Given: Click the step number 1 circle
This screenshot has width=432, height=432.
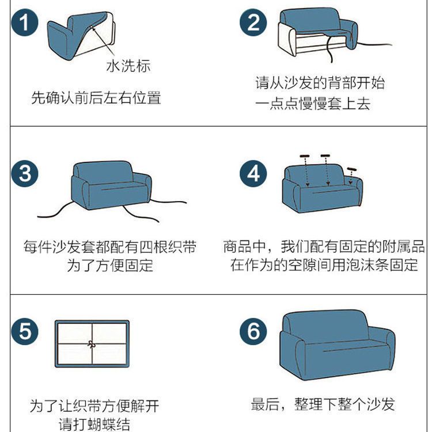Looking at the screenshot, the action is click(25, 22).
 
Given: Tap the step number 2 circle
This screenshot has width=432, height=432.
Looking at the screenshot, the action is click(253, 22).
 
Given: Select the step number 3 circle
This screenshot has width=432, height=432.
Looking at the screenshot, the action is click(25, 173).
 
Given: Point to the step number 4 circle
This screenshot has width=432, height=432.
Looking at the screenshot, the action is click(253, 173).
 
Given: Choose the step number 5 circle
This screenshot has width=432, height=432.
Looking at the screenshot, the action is click(25, 331).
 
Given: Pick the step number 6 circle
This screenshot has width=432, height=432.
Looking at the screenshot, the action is click(253, 331).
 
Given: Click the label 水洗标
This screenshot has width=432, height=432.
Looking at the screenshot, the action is click(128, 66).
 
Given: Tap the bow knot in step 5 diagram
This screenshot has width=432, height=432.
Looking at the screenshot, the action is click(92, 344).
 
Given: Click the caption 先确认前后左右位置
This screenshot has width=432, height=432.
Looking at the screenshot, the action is click(96, 98).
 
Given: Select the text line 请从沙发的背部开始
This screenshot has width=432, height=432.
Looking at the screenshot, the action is click(320, 83).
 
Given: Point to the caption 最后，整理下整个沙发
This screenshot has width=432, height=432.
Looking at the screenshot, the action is click(323, 404).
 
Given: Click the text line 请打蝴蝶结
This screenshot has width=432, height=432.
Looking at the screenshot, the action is click(94, 425).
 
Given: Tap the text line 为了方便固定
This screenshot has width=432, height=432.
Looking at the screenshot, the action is click(110, 266).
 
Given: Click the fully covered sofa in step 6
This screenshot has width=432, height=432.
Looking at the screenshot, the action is click(338, 345).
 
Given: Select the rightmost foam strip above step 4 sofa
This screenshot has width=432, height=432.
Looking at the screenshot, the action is click(352, 169).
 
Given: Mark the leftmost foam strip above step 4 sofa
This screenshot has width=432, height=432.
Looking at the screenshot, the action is click(305, 156).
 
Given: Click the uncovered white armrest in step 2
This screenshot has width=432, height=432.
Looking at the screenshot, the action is click(287, 39).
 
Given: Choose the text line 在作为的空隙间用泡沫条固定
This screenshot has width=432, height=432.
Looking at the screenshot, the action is click(324, 265).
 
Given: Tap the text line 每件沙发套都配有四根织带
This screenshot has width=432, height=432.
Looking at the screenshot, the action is click(110, 247).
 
